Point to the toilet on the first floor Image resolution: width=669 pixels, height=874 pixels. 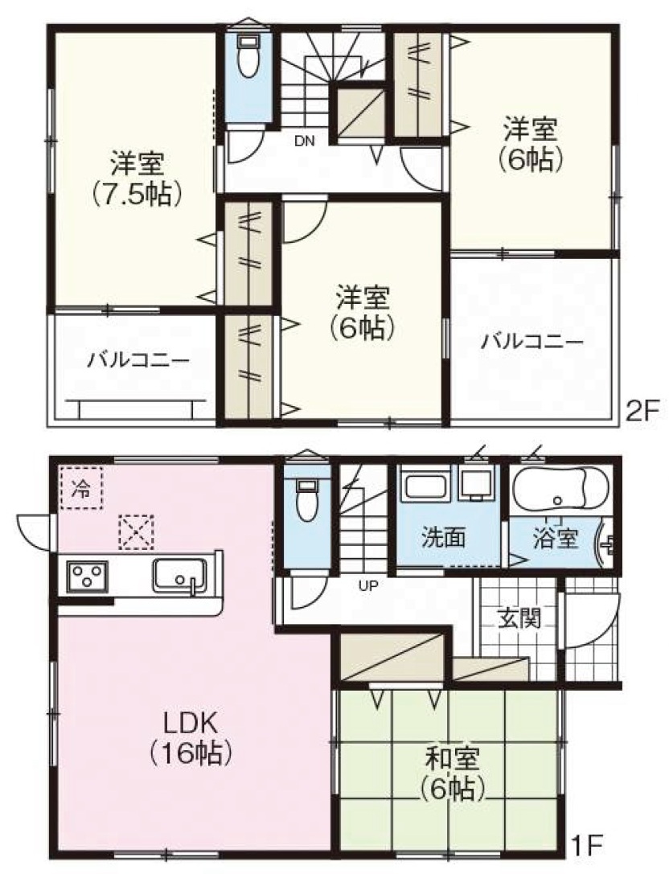pyautogui.click(x=307, y=499)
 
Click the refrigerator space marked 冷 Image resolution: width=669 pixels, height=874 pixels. pyautogui.click(x=81, y=487)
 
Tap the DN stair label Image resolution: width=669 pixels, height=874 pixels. pyautogui.click(x=305, y=141)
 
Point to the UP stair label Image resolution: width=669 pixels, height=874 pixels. pyautogui.click(x=368, y=585)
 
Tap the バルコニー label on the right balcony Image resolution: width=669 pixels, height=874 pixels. pyautogui.click(x=532, y=341)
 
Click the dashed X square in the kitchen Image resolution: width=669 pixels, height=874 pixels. pyautogui.click(x=137, y=531)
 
